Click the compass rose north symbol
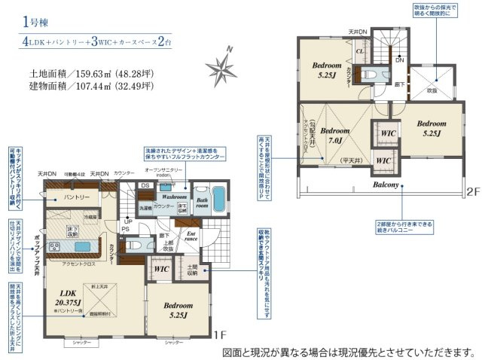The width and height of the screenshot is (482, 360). (x=224, y=66)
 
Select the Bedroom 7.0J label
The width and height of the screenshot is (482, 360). (x=331, y=136)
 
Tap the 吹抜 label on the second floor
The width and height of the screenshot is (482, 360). (x=432, y=90)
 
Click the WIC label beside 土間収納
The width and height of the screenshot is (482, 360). (x=160, y=268)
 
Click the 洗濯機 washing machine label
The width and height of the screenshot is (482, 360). (x=145, y=206)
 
